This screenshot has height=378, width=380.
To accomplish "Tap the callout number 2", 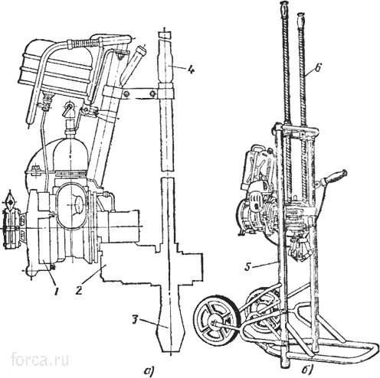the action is click(x=79, y=290).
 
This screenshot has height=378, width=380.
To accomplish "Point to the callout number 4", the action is click(x=191, y=69).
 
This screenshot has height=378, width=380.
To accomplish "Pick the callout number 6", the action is click(x=318, y=68).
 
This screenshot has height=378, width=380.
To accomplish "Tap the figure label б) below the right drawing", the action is click(x=307, y=370).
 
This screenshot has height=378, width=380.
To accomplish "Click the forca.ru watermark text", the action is click(x=40, y=360).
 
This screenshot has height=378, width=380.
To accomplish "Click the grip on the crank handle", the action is click(x=334, y=178).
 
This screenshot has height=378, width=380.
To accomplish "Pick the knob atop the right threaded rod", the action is click(x=300, y=21).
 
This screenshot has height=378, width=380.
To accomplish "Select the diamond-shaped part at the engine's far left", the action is click(x=11, y=202).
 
